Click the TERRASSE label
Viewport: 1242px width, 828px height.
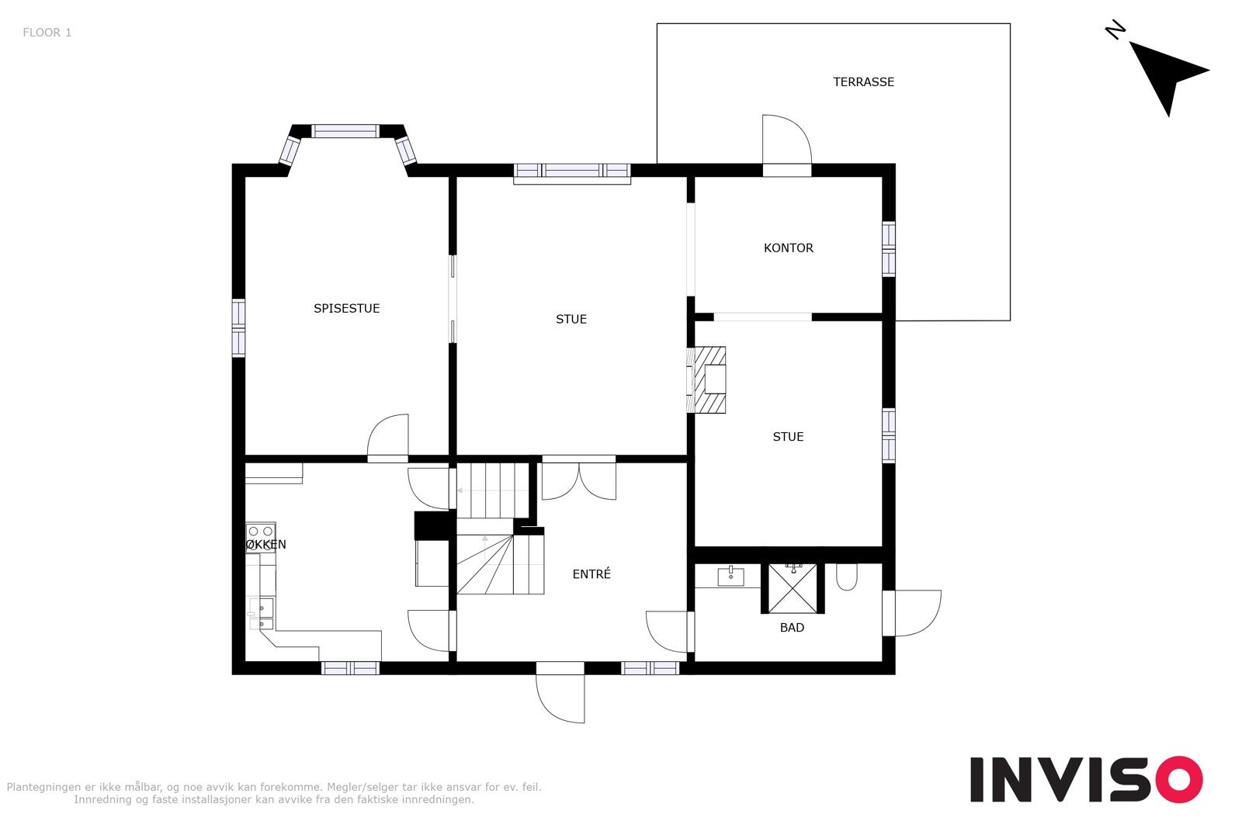click(x=863, y=81)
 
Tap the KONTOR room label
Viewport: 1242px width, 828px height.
click(x=788, y=248)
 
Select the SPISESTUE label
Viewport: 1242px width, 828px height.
click(x=346, y=308)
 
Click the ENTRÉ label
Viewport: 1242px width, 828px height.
click(x=592, y=574)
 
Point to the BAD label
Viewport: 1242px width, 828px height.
click(x=792, y=627)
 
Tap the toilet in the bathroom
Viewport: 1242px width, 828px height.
click(x=846, y=577)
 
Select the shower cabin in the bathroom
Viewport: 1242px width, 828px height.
click(x=793, y=588)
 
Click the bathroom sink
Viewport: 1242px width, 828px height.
click(x=730, y=576)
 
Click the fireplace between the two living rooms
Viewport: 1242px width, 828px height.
click(x=709, y=379)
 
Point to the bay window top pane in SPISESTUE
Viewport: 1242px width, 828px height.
click(x=345, y=131)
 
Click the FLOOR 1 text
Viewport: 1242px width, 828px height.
click(x=47, y=33)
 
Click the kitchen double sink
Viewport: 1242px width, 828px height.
click(x=265, y=612)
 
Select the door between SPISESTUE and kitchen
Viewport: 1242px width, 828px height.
click(x=388, y=438)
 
